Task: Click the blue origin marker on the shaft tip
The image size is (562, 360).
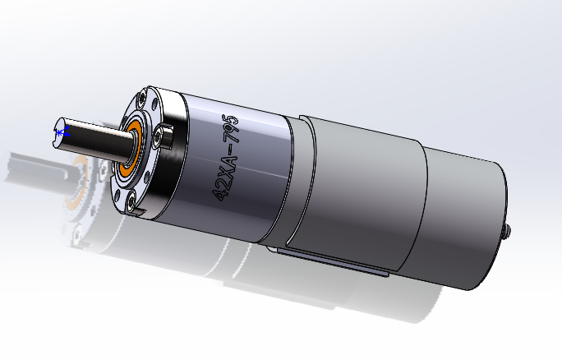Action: click(60, 131)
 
